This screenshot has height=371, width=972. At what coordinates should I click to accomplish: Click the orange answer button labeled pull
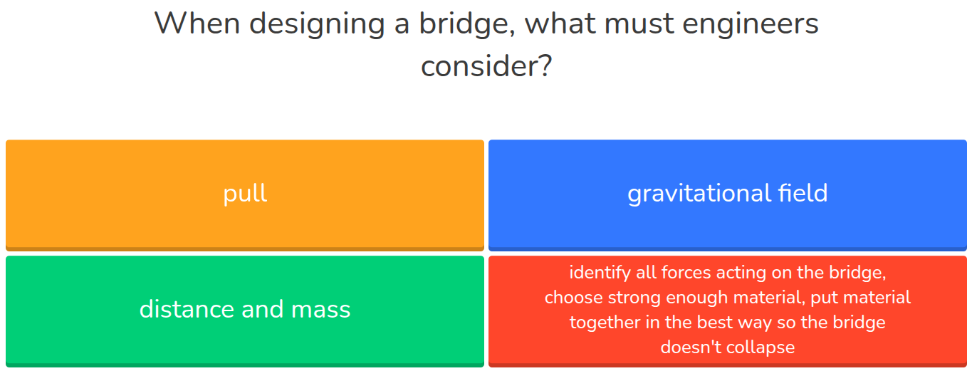pyautogui.click(x=245, y=194)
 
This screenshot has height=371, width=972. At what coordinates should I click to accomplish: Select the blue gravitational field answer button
pyautogui.click(x=727, y=194)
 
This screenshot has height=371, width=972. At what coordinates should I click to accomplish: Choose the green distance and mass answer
pyautogui.click(x=245, y=309)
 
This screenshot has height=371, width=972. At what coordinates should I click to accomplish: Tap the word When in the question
pyautogui.click(x=196, y=24)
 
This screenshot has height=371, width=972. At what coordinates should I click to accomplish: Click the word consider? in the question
pyautogui.click(x=486, y=67)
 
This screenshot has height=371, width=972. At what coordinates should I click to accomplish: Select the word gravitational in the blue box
pyautogui.click(x=699, y=194)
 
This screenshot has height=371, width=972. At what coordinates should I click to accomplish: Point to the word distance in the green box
pyautogui.click(x=186, y=309)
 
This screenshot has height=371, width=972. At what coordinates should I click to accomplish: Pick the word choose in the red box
pyautogui.click(x=574, y=298)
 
